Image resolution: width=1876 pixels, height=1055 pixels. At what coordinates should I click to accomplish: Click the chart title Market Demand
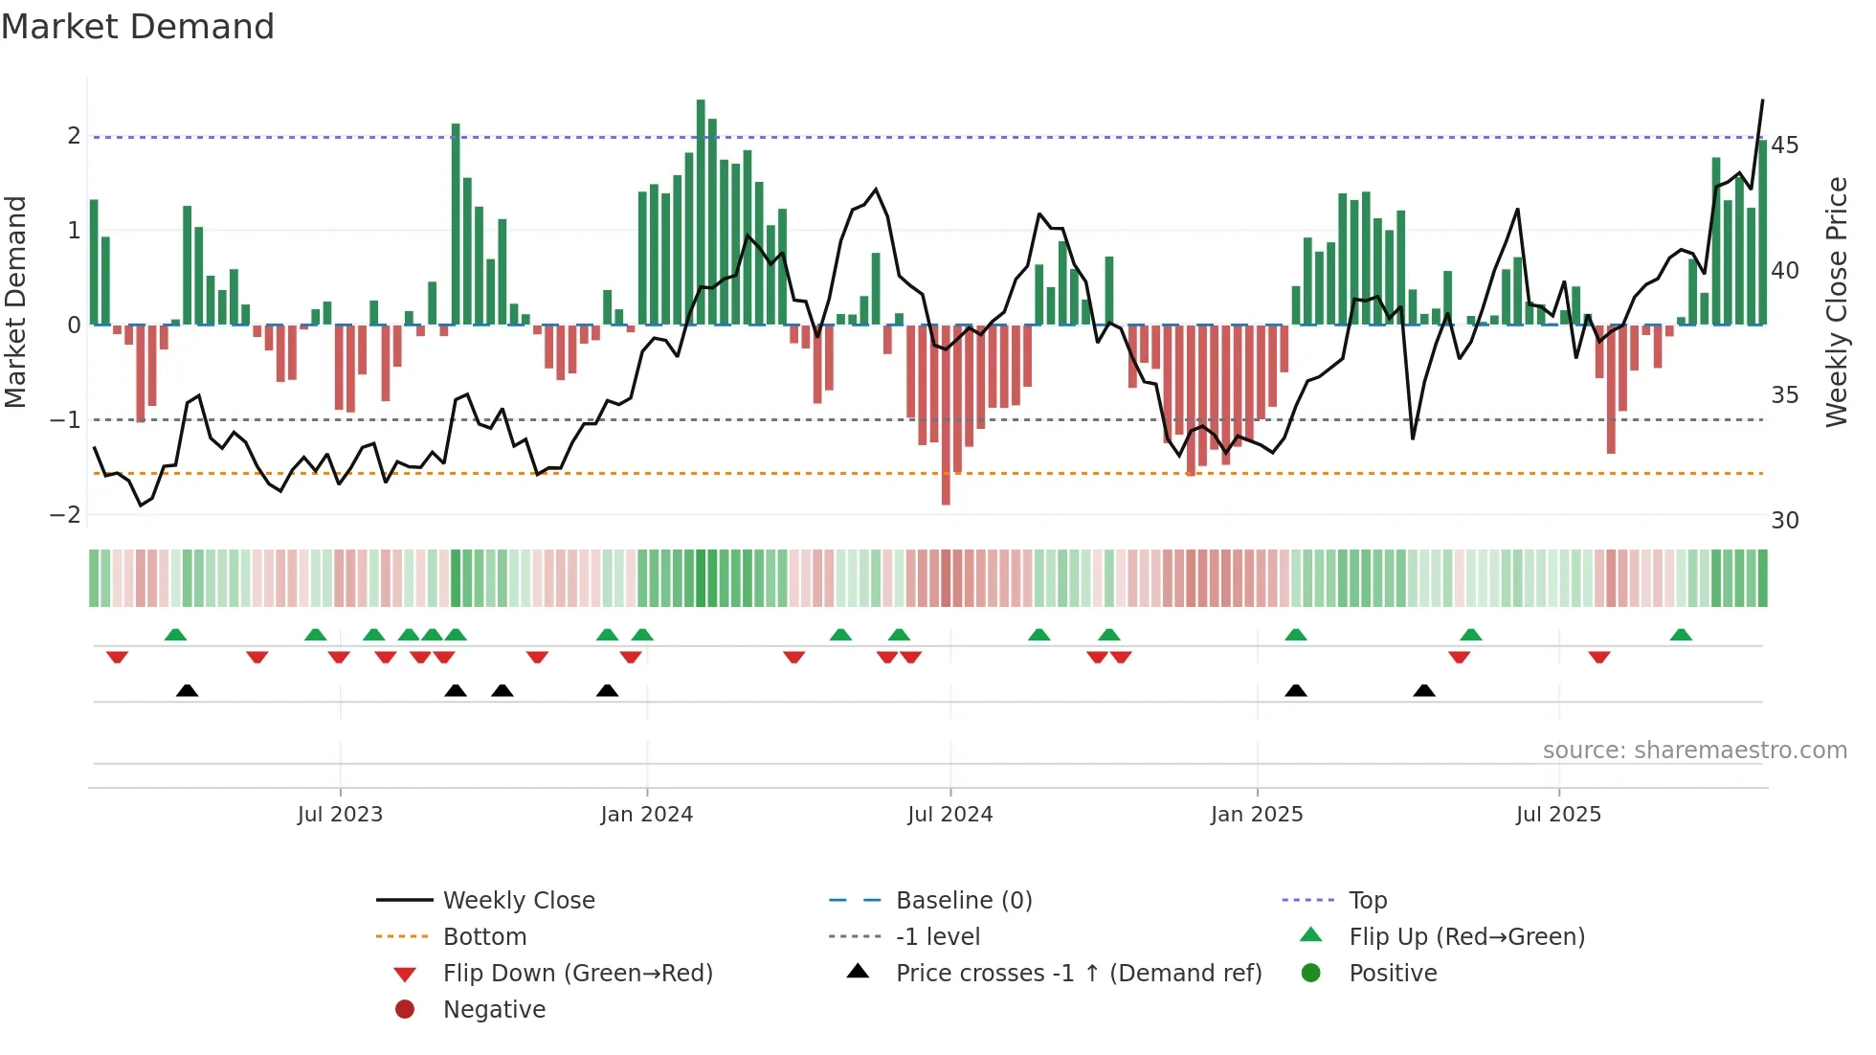click(x=138, y=27)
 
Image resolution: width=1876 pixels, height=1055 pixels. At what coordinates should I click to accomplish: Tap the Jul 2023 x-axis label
click(x=340, y=815)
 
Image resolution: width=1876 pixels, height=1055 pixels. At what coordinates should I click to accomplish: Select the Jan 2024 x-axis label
click(x=646, y=815)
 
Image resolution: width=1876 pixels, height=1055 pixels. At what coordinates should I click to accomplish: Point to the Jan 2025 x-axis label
click(x=1256, y=815)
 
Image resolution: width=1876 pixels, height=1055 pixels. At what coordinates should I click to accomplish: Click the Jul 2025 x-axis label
click(x=1558, y=815)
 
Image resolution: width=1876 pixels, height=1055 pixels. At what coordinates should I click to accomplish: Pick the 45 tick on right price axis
click(x=1784, y=146)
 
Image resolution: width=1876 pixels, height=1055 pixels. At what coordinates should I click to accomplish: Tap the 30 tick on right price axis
click(x=1784, y=521)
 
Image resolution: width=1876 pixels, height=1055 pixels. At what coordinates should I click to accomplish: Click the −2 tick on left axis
click(x=65, y=515)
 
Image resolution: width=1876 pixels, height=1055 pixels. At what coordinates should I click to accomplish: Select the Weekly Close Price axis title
click(x=1836, y=302)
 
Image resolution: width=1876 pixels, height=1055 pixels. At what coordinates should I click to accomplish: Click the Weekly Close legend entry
click(x=518, y=901)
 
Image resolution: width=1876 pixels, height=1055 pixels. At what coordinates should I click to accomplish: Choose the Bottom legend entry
click(x=484, y=937)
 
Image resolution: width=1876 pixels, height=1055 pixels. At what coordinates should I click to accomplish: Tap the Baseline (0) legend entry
click(x=963, y=901)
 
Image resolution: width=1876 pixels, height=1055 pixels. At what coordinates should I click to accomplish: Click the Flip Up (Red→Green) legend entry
click(x=1466, y=937)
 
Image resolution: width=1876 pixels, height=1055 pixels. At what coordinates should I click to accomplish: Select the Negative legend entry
click(x=494, y=1010)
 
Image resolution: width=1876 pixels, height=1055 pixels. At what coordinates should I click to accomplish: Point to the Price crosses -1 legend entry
click(x=1078, y=974)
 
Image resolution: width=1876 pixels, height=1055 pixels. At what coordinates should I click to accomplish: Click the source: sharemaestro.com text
click(x=1694, y=751)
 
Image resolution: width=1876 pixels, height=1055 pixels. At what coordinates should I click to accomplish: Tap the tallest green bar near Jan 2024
click(x=701, y=211)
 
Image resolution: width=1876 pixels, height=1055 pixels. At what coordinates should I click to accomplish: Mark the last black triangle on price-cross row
click(x=1424, y=690)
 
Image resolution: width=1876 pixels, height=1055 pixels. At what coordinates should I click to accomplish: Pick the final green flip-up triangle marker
click(x=1681, y=635)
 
